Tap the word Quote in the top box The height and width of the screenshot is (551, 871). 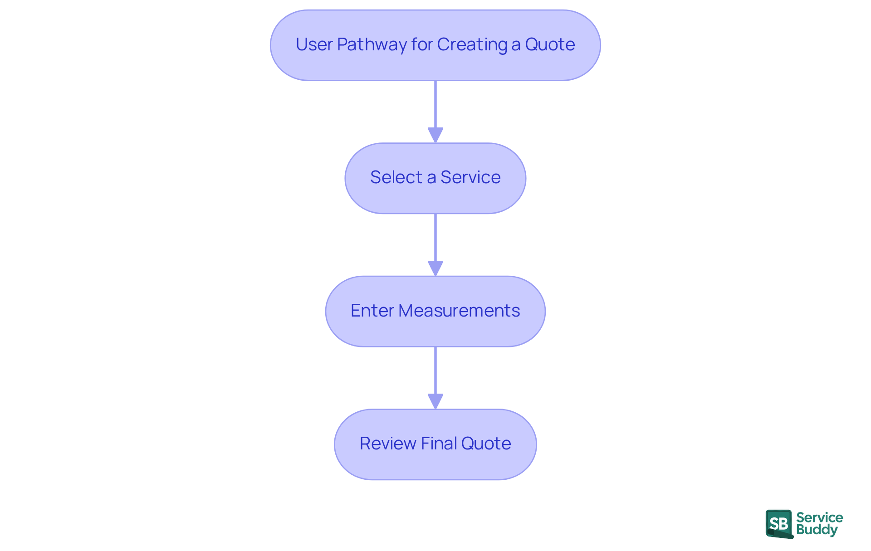click(550, 44)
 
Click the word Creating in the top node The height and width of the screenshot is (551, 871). click(472, 44)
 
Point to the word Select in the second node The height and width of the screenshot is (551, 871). click(396, 177)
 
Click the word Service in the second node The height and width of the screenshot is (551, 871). click(470, 177)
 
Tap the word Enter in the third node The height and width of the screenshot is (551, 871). click(372, 311)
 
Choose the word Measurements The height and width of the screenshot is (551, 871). click(459, 311)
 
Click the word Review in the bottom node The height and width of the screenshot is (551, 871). click(388, 444)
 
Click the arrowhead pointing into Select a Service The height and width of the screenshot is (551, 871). click(435, 135)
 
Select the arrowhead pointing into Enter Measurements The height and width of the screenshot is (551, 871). click(435, 268)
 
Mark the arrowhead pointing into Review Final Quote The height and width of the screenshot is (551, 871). click(435, 401)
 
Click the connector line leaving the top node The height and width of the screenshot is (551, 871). click(435, 104)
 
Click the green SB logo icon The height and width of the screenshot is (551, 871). click(779, 524)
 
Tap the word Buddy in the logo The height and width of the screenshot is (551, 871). click(817, 530)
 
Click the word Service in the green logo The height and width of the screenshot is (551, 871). click(819, 517)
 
